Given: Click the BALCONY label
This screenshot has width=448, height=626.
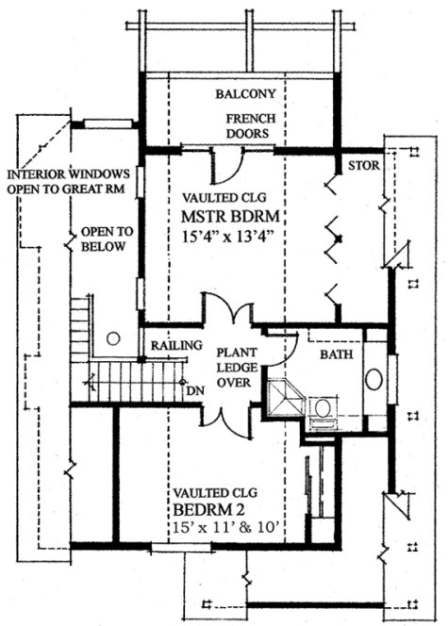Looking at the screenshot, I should point(245,94).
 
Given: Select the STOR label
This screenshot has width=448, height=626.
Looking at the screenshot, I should point(363,167).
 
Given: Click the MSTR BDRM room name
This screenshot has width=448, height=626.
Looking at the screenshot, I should point(236,219).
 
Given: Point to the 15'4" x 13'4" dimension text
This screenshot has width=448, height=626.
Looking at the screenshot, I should point(236,238).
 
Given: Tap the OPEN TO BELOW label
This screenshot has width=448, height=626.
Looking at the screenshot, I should point(107,239).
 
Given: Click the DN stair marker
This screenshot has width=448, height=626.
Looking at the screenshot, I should point(195,389).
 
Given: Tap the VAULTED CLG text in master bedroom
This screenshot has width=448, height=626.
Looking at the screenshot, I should point(235,200).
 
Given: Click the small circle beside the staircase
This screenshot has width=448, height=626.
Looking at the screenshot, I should point(113,338).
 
